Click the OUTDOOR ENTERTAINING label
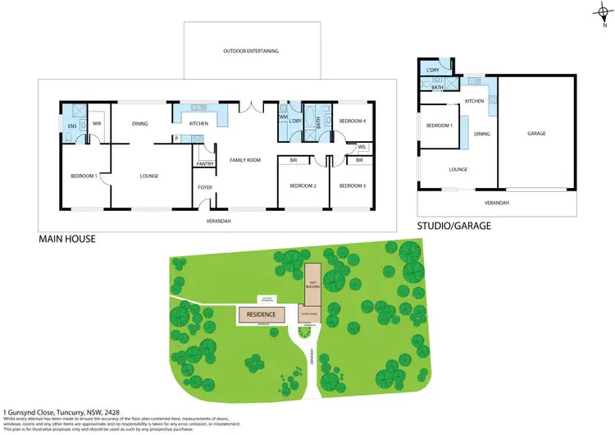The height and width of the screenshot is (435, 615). [x=251, y=51]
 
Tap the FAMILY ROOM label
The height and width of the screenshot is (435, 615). [x=244, y=160]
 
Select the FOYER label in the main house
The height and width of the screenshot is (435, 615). [x=204, y=186]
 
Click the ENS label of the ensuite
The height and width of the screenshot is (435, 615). [x=71, y=125]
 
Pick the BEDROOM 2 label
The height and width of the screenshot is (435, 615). [x=303, y=185]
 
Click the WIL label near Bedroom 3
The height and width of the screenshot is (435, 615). [x=362, y=148]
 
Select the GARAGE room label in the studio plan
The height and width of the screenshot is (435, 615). [x=536, y=133]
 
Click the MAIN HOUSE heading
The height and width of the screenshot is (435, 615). [x=67, y=240]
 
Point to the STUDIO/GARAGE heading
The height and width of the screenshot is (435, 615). [x=453, y=226]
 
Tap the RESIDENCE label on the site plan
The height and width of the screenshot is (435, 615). [x=261, y=314]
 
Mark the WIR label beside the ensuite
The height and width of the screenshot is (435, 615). [x=96, y=125]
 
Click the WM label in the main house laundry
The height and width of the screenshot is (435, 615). [x=281, y=117]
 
